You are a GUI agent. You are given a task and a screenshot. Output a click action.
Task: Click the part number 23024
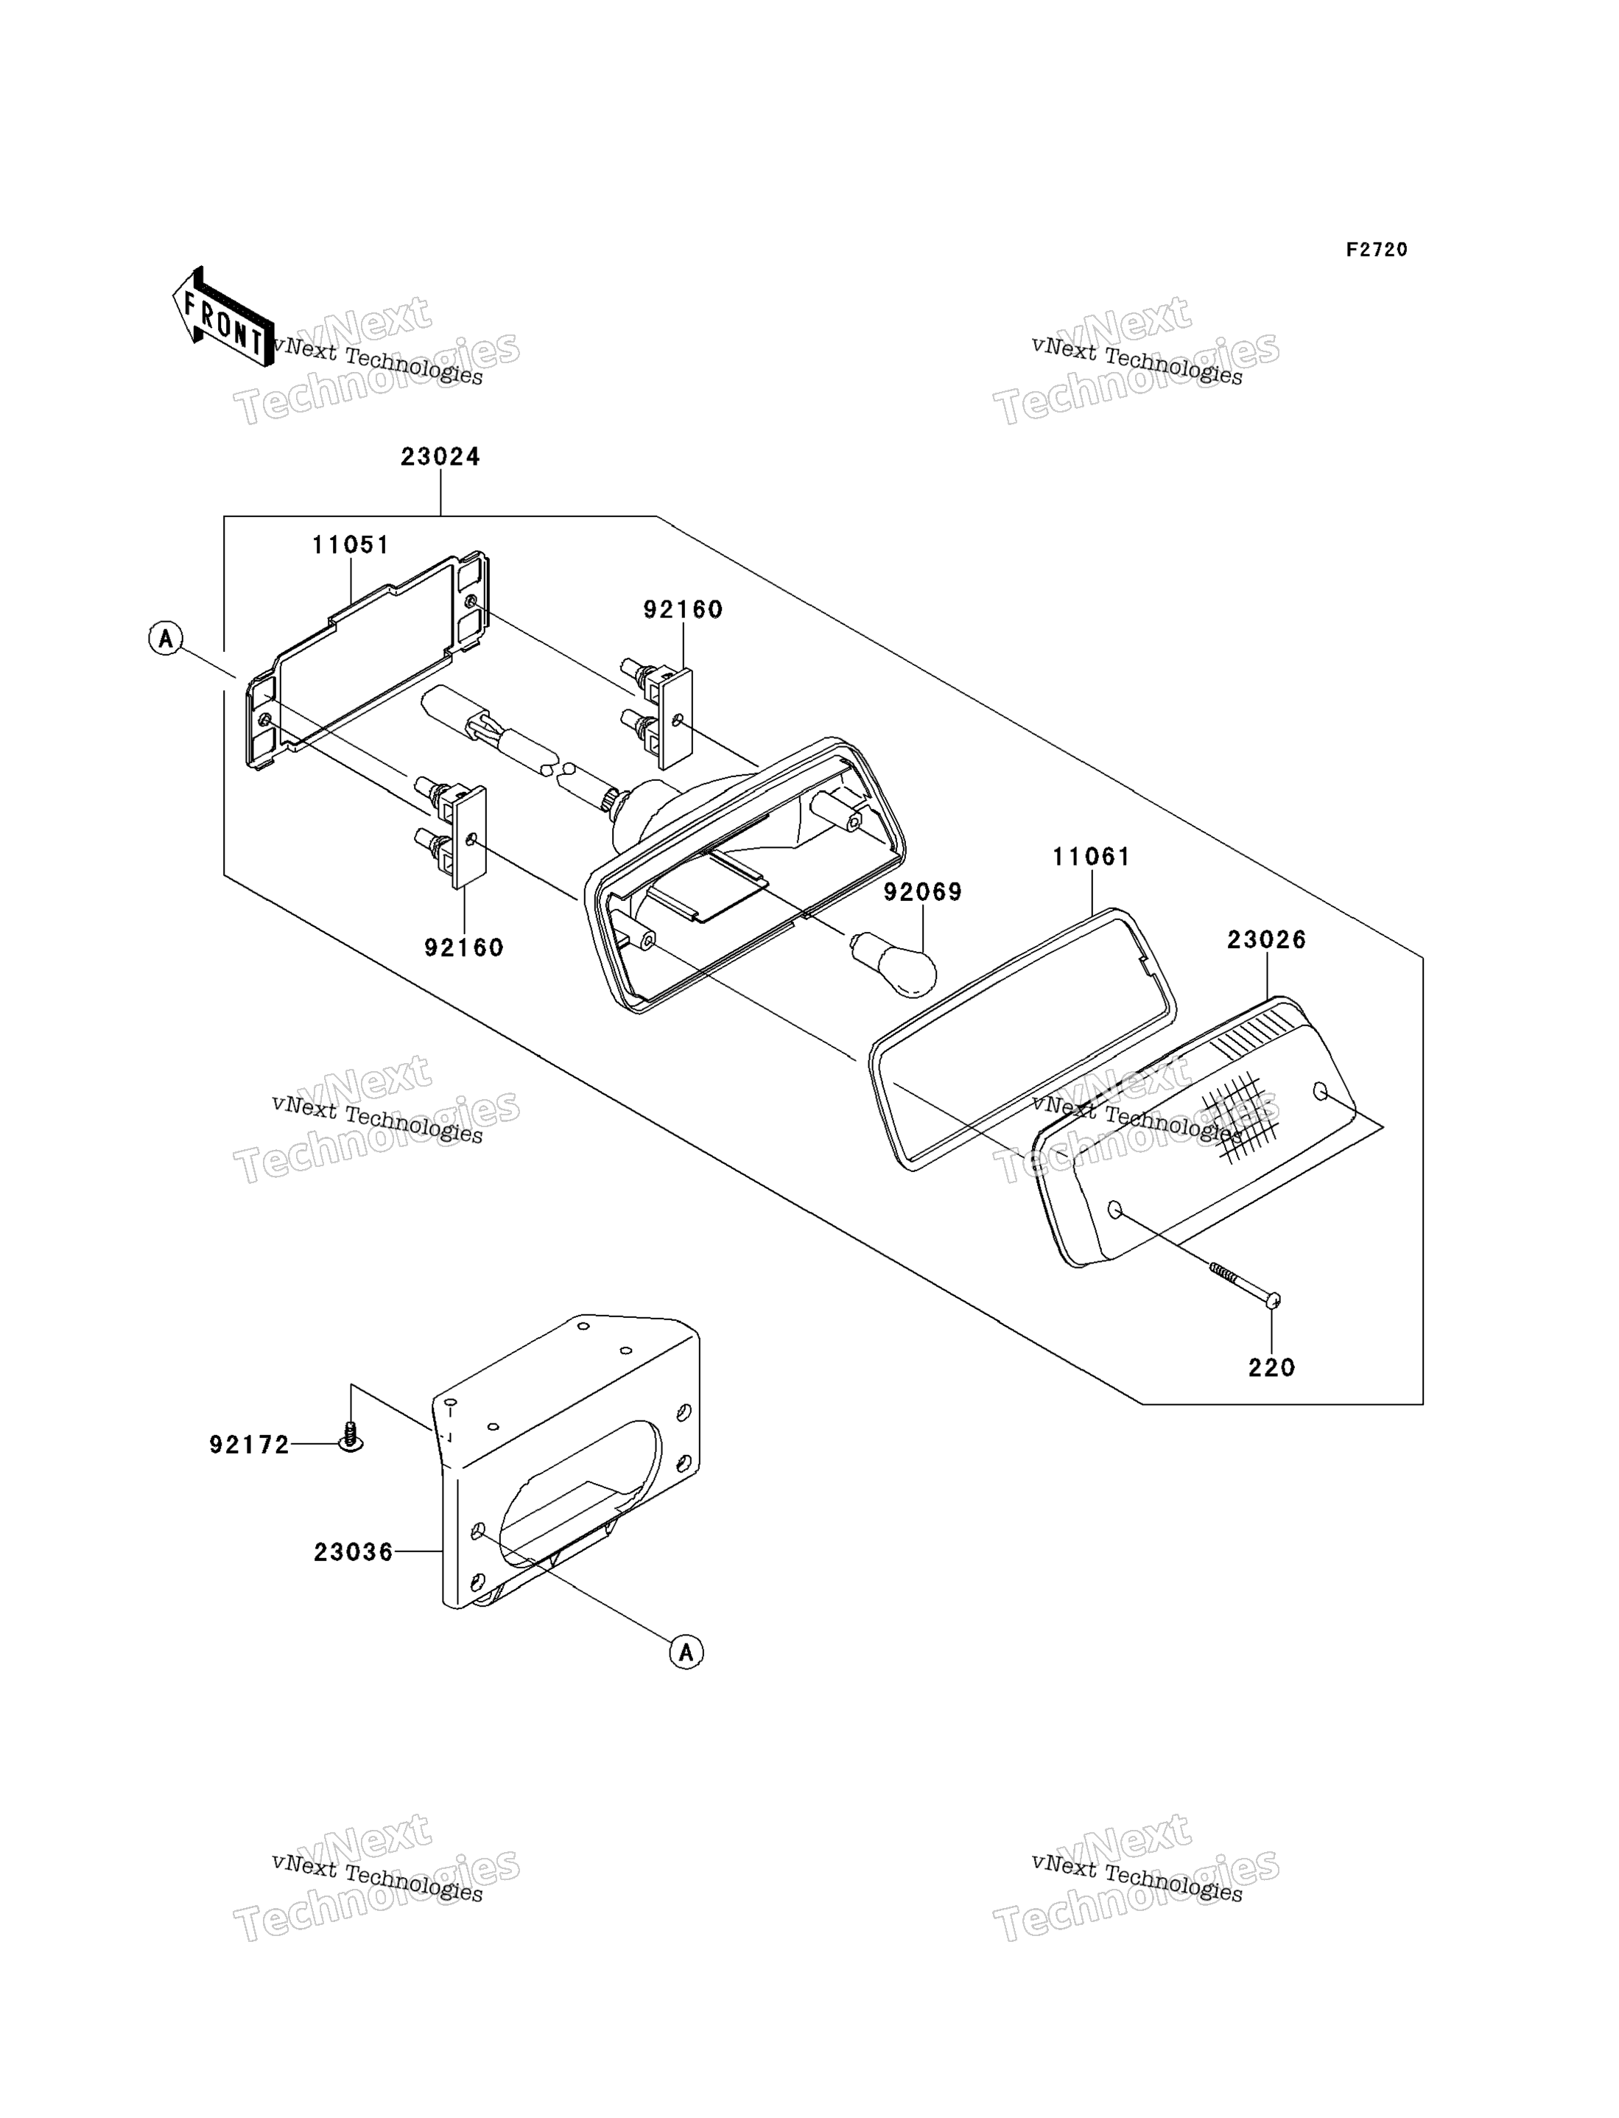440,456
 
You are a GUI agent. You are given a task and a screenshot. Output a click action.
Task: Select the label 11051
351,544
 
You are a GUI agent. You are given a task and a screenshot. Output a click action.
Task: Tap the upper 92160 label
684,609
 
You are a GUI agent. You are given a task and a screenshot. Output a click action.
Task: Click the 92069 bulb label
923,891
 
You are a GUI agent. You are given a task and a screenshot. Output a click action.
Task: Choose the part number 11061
1091,856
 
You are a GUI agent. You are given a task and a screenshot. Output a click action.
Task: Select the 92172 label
250,1445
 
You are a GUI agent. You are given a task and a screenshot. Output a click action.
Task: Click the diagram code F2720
1377,250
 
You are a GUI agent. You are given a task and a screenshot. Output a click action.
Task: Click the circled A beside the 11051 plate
166,638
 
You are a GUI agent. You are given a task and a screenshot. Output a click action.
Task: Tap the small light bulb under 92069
893,963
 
